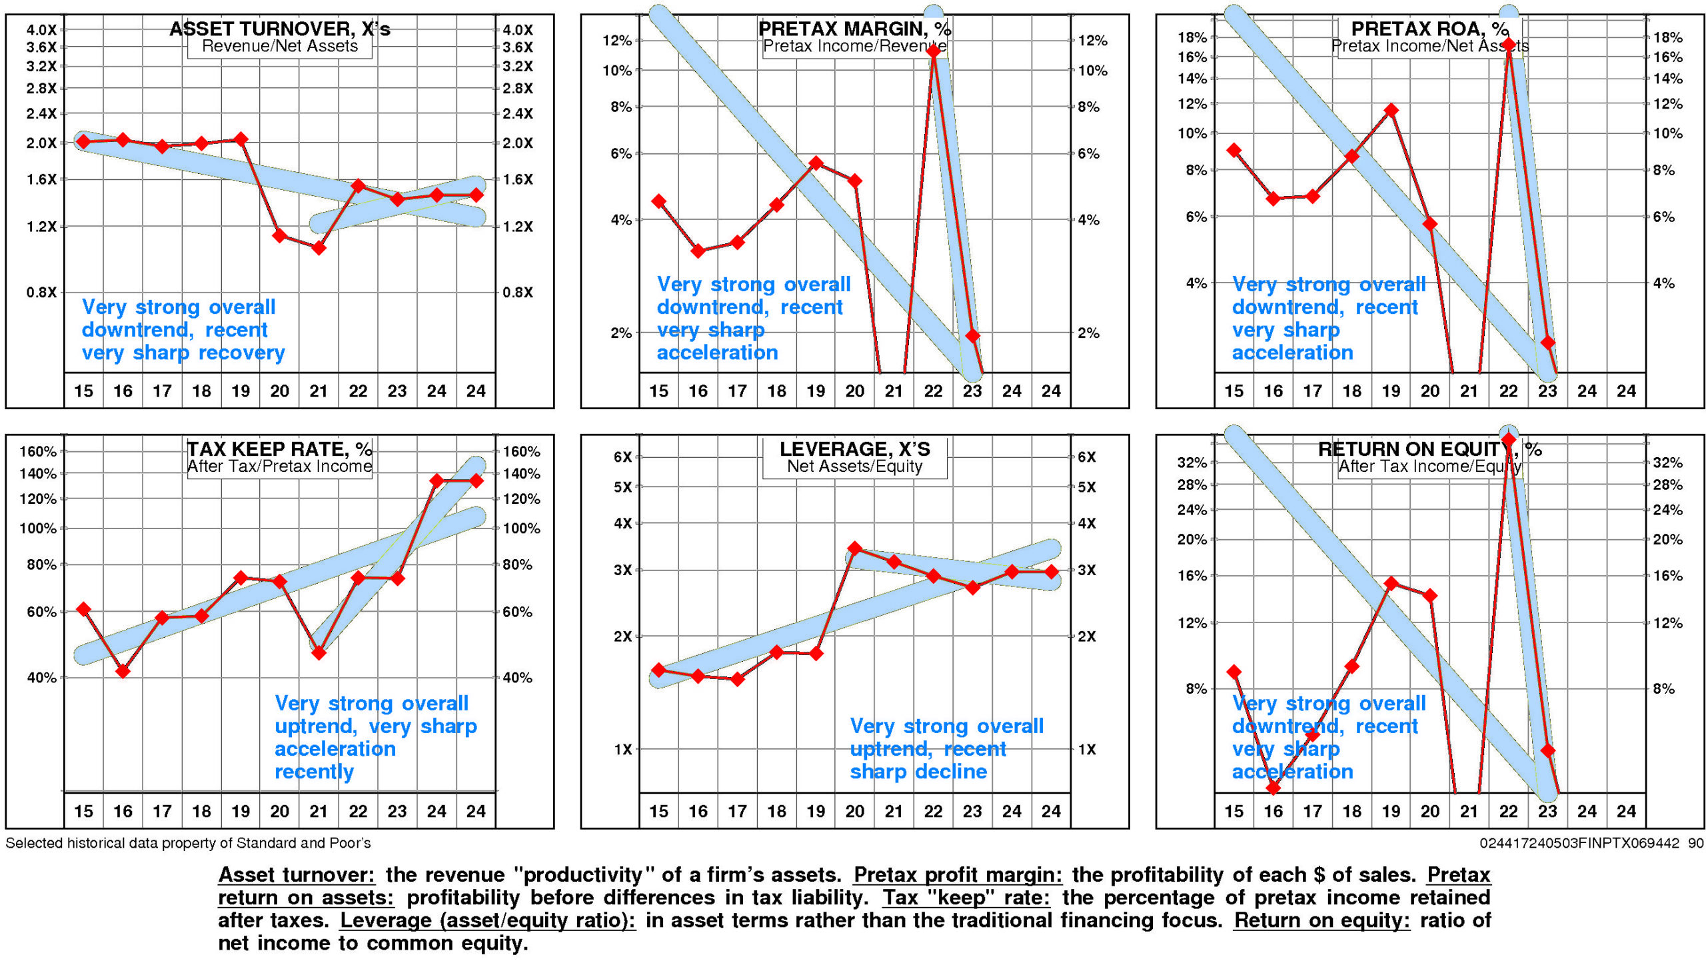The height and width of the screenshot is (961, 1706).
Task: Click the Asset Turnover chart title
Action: tap(279, 29)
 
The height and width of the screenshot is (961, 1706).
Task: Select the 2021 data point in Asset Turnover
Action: tap(319, 248)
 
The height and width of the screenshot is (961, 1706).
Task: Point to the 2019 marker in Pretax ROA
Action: tap(1391, 111)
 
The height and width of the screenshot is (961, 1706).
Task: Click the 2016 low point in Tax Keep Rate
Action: tap(123, 670)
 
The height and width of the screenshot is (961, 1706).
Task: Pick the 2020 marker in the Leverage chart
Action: tap(855, 548)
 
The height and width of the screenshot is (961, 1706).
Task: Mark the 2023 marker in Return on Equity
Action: tap(1547, 750)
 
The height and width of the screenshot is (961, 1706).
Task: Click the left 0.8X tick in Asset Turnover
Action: tap(41, 293)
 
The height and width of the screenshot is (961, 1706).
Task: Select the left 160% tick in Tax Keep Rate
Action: tap(38, 451)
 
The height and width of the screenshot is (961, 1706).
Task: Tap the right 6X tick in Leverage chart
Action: tap(1086, 457)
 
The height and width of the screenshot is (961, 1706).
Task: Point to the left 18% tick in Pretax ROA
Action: tap(1192, 37)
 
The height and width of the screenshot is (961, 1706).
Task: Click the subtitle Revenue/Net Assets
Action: tap(279, 46)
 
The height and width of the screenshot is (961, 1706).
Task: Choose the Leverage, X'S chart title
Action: tap(855, 449)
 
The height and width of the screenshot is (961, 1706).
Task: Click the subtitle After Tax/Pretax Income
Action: tap(279, 467)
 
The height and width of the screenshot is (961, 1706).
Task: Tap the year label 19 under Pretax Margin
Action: tap(816, 391)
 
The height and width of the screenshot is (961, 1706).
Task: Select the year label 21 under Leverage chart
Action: tap(894, 811)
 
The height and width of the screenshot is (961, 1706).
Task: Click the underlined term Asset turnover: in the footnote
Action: tap(297, 874)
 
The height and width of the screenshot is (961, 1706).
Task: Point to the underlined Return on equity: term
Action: tap(1321, 920)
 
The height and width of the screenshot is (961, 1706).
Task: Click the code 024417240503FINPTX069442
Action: tap(1579, 843)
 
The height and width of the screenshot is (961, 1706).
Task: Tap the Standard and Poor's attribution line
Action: tap(188, 843)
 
